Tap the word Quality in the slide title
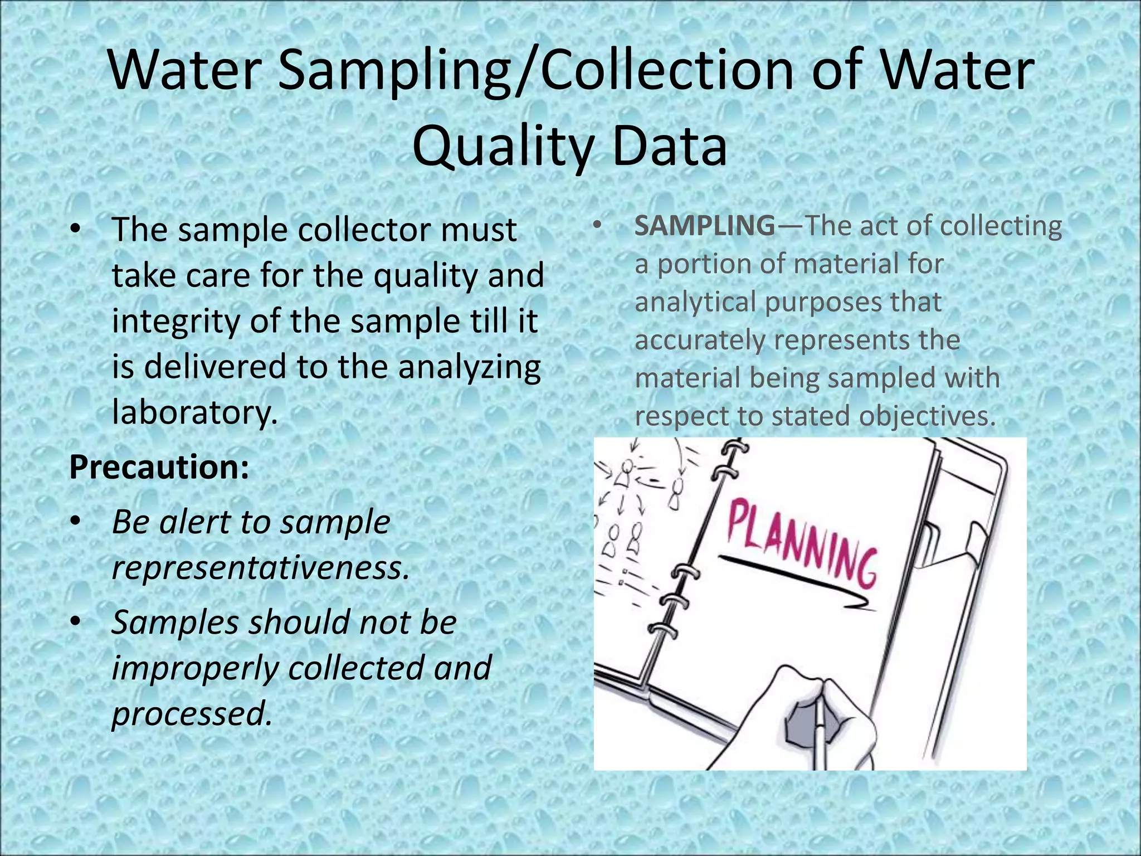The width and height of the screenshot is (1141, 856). [x=501, y=146]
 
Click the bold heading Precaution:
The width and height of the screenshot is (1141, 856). [x=159, y=467]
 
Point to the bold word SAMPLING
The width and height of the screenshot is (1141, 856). [x=704, y=226]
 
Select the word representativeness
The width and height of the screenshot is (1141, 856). [x=261, y=567]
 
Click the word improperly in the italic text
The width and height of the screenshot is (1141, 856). [x=195, y=668]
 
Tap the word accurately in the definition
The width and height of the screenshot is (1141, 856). [x=700, y=340]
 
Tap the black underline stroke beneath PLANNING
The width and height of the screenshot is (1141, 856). [x=791, y=580]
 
